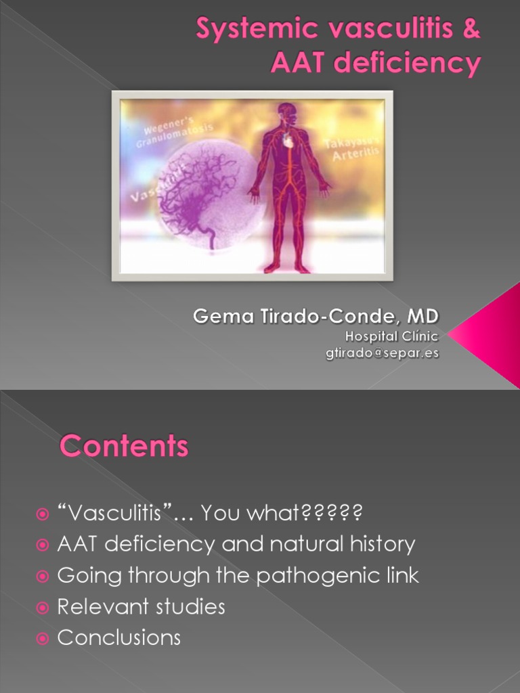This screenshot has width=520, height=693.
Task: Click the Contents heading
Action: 124,447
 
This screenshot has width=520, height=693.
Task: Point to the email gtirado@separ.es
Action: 383,353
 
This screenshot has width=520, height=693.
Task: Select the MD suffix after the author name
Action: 422,316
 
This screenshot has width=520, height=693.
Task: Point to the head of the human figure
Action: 286,114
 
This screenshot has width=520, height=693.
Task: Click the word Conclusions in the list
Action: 119,638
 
